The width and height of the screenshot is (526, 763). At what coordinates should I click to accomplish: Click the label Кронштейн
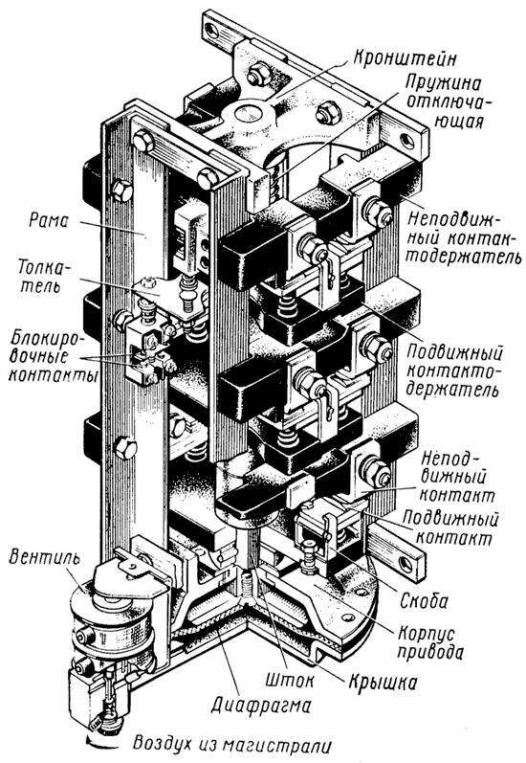pos(405,59)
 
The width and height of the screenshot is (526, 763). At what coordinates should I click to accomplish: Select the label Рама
pos(49,221)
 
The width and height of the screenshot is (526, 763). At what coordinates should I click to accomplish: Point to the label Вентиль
pos(44,558)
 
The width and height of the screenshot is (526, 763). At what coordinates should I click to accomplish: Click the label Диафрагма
pos(261,703)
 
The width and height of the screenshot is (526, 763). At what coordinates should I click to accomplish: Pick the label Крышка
pos(383,682)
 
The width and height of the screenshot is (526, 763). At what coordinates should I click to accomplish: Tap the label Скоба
pos(424,601)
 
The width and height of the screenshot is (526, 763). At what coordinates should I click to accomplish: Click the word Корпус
pos(426,633)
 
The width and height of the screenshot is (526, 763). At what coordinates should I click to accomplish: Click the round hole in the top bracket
pos(249,114)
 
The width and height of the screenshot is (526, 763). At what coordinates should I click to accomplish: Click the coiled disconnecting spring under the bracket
pos(277,178)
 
